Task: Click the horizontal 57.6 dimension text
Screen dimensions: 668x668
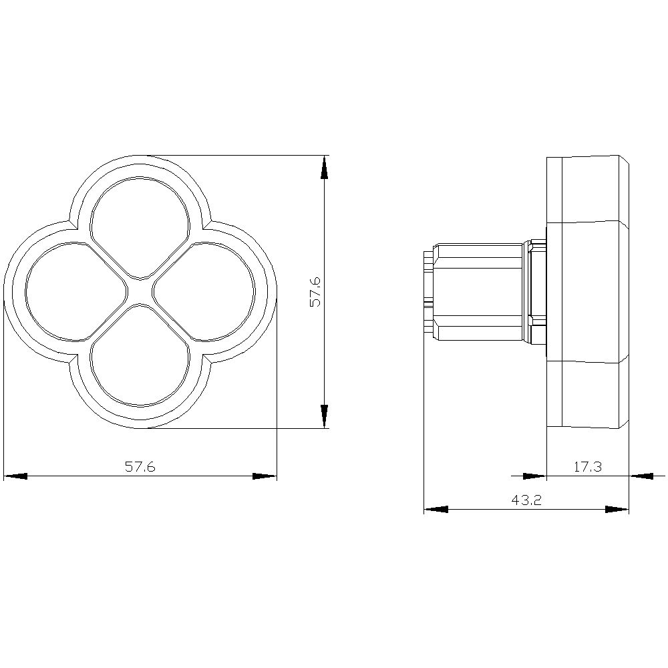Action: (x=140, y=467)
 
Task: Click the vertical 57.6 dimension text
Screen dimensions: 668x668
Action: (x=316, y=292)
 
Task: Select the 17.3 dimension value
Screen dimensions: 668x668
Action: (x=587, y=467)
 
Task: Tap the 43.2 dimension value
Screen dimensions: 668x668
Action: (x=526, y=500)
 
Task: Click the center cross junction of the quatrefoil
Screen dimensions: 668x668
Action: (x=140, y=292)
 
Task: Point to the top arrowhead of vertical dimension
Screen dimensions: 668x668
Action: (x=324, y=168)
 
